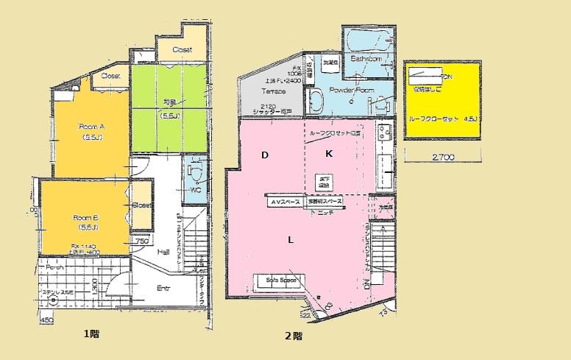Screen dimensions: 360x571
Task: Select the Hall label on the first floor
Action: (x=163, y=251)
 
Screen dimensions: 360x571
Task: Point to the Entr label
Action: (x=163, y=288)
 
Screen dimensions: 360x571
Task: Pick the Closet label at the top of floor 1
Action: (x=182, y=49)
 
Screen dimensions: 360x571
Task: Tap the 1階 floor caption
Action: (x=91, y=333)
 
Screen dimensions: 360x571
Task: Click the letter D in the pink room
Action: (x=264, y=155)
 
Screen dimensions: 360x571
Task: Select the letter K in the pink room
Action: (x=329, y=154)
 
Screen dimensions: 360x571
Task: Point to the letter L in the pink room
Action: (x=291, y=240)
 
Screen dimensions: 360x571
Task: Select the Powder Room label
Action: (x=351, y=90)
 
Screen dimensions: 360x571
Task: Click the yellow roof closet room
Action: (x=442, y=99)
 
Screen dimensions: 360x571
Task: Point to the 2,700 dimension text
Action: (x=442, y=157)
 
